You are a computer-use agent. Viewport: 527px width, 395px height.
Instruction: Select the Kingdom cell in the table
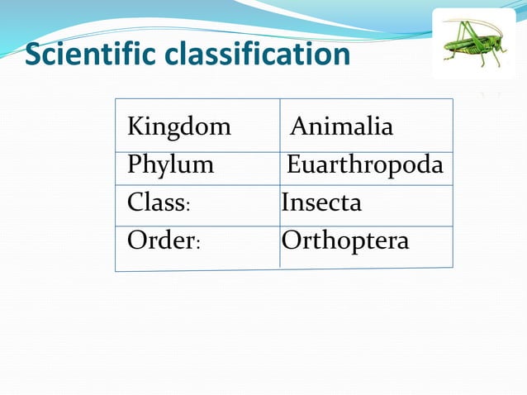click(x=179, y=127)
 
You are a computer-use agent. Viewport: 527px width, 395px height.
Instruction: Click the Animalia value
click(x=341, y=127)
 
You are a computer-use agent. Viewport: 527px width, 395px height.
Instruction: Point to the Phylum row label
click(x=170, y=165)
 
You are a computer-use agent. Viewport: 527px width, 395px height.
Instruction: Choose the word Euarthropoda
click(x=364, y=165)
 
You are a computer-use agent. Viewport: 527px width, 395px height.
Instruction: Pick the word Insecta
click(x=321, y=202)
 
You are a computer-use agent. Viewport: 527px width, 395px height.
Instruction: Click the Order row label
click(x=160, y=240)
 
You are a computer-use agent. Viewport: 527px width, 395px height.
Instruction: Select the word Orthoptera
click(x=345, y=240)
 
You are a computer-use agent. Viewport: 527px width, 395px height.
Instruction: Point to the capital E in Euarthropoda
click(x=293, y=165)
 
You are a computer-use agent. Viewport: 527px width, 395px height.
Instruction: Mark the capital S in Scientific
click(x=34, y=55)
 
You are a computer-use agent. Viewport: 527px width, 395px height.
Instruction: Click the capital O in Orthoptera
click(x=291, y=240)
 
